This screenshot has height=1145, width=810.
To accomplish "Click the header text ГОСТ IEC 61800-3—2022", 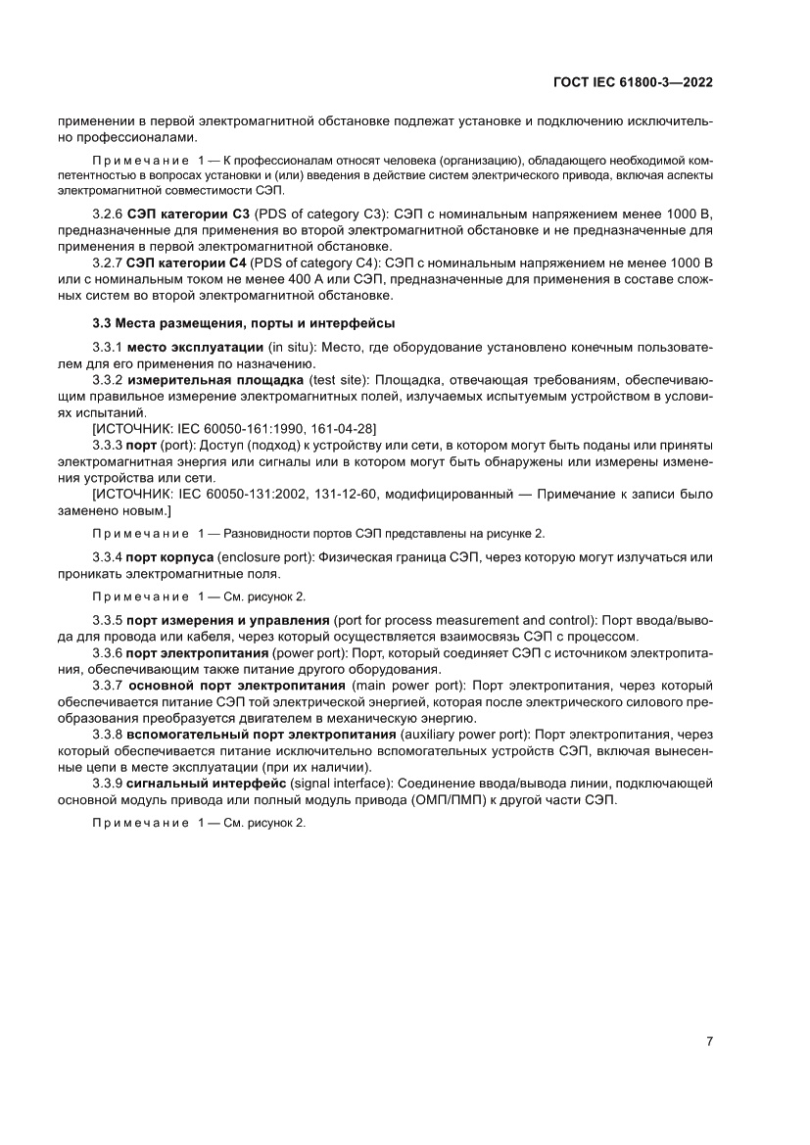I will [632, 83].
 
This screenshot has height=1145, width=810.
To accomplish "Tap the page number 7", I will [708, 1041].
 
